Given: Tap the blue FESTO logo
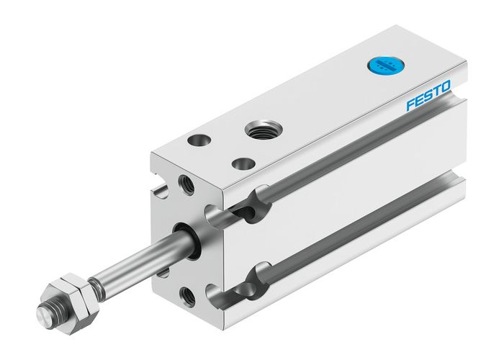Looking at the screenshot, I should pos(428,96).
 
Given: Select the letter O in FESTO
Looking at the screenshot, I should pos(446,87).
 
